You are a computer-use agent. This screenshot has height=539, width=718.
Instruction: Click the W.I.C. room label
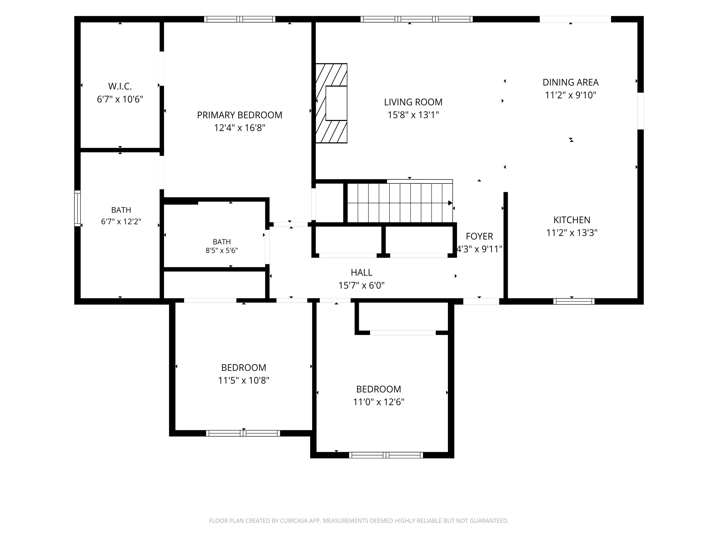pyautogui.click(x=120, y=86)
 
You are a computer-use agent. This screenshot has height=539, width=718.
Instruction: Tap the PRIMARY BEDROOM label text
pyautogui.click(x=240, y=115)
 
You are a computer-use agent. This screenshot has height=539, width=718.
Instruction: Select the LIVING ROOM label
pyautogui.click(x=413, y=102)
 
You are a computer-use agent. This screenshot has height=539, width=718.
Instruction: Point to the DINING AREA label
pyautogui.click(x=571, y=82)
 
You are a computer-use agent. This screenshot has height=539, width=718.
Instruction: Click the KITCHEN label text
pyautogui.click(x=572, y=220)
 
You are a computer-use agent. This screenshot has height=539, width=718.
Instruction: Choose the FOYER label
pyautogui.click(x=479, y=236)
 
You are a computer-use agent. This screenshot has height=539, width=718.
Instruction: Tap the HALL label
pyautogui.click(x=362, y=272)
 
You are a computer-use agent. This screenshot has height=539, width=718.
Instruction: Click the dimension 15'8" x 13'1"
pyautogui.click(x=413, y=115)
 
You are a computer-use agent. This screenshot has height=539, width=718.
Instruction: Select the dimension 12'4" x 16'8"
pyautogui.click(x=240, y=128)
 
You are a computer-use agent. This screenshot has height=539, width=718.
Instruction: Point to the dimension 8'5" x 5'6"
pyautogui.click(x=222, y=251)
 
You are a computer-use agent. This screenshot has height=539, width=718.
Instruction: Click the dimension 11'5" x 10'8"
pyautogui.click(x=244, y=380)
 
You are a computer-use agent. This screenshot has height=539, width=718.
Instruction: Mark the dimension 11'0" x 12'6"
pyautogui.click(x=379, y=402)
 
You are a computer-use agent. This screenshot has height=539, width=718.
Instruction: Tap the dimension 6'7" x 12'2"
pyautogui.click(x=121, y=222)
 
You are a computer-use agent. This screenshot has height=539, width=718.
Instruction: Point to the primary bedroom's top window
pyautogui.click(x=240, y=19)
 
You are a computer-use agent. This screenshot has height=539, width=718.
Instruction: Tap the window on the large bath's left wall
pyautogui.click(x=78, y=208)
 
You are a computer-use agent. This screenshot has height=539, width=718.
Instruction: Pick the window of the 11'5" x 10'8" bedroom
pyautogui.click(x=243, y=433)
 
